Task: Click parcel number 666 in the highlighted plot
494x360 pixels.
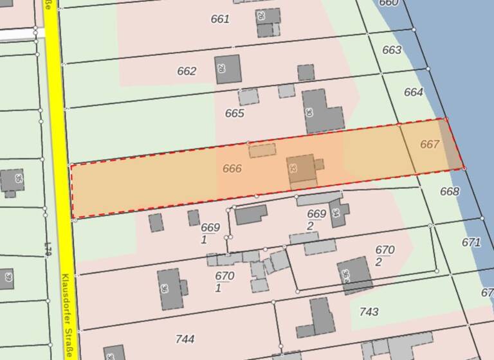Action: [x=232, y=169]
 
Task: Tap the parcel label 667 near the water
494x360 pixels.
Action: [x=430, y=145]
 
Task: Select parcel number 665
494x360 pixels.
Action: [x=235, y=114]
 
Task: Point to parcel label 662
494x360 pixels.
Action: [x=187, y=71]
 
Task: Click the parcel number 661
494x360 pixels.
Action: [x=220, y=19]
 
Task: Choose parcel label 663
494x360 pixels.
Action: [x=392, y=50]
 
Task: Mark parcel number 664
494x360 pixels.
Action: [x=414, y=93]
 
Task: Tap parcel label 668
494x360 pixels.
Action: [x=450, y=192]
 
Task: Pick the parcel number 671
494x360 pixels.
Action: [x=471, y=242]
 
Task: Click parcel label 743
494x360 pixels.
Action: [x=369, y=312]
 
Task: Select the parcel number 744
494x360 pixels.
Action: [x=185, y=339]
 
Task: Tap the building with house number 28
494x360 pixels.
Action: [x=227, y=69]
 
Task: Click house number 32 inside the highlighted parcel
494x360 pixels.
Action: [x=294, y=169]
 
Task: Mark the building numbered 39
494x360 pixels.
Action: [x=6, y=278]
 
